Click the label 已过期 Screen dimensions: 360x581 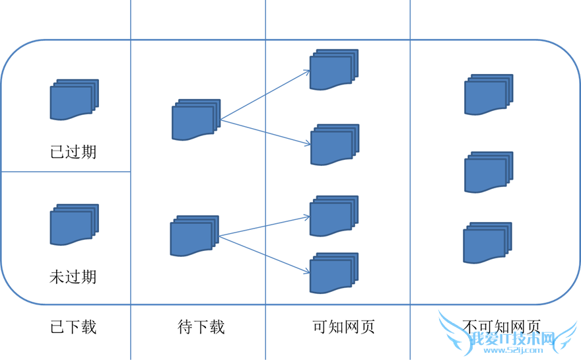[x=73, y=151]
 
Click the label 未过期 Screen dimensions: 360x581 [x=73, y=275]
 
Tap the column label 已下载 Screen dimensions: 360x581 [x=73, y=326]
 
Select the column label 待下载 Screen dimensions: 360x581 [x=201, y=326]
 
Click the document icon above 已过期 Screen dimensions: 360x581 [x=73, y=100]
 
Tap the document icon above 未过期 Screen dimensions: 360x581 [x=73, y=225]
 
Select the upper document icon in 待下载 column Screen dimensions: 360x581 [x=195, y=120]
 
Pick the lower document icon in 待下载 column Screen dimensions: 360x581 [x=194, y=236]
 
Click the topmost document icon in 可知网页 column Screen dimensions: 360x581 [x=334, y=70]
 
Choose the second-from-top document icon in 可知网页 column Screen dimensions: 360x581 [x=334, y=145]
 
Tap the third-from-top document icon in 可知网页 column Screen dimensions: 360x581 [x=334, y=216]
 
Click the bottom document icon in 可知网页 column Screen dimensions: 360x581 [x=334, y=273]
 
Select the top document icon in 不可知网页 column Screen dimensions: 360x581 [x=489, y=95]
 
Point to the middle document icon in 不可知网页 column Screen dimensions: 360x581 [x=489, y=172]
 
